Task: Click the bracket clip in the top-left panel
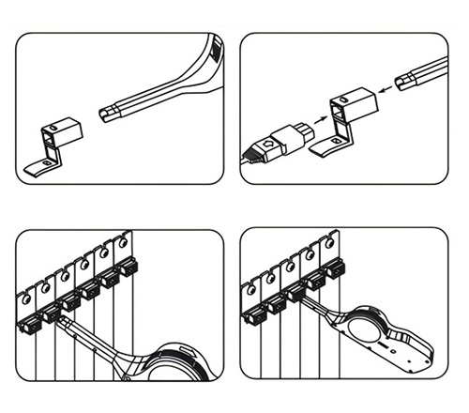[x=58, y=131]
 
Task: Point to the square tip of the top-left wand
[x=106, y=115]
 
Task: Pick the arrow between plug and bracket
[x=319, y=123]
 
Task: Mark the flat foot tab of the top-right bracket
[x=327, y=146]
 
